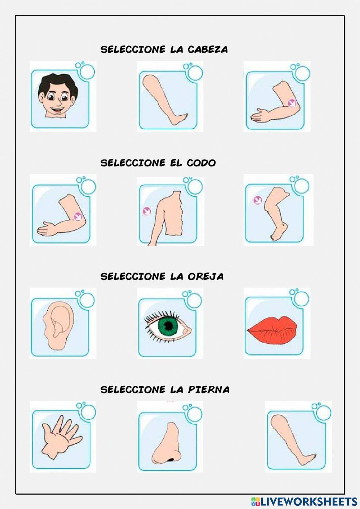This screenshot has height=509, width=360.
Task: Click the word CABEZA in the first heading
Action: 208,49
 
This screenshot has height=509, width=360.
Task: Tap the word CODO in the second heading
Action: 201,163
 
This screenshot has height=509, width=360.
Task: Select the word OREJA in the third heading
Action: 206,277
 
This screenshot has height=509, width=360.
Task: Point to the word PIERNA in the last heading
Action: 209,390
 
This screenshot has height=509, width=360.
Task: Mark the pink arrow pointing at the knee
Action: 258,200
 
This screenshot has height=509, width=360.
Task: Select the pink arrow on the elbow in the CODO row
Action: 78,216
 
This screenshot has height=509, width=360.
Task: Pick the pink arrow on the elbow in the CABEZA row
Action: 292,103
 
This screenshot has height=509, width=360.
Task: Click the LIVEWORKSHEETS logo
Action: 304,501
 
